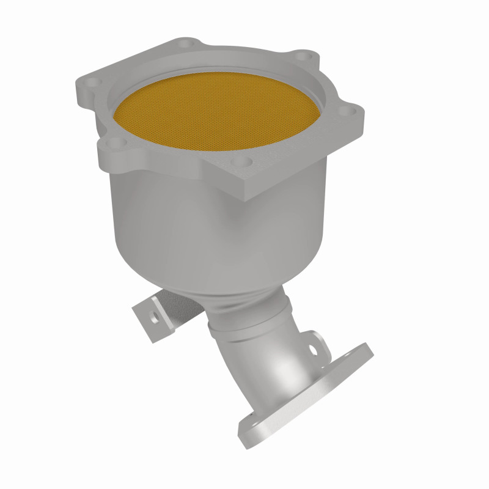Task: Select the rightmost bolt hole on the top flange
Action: [x=346, y=112]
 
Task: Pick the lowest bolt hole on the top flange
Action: [x=244, y=162]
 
